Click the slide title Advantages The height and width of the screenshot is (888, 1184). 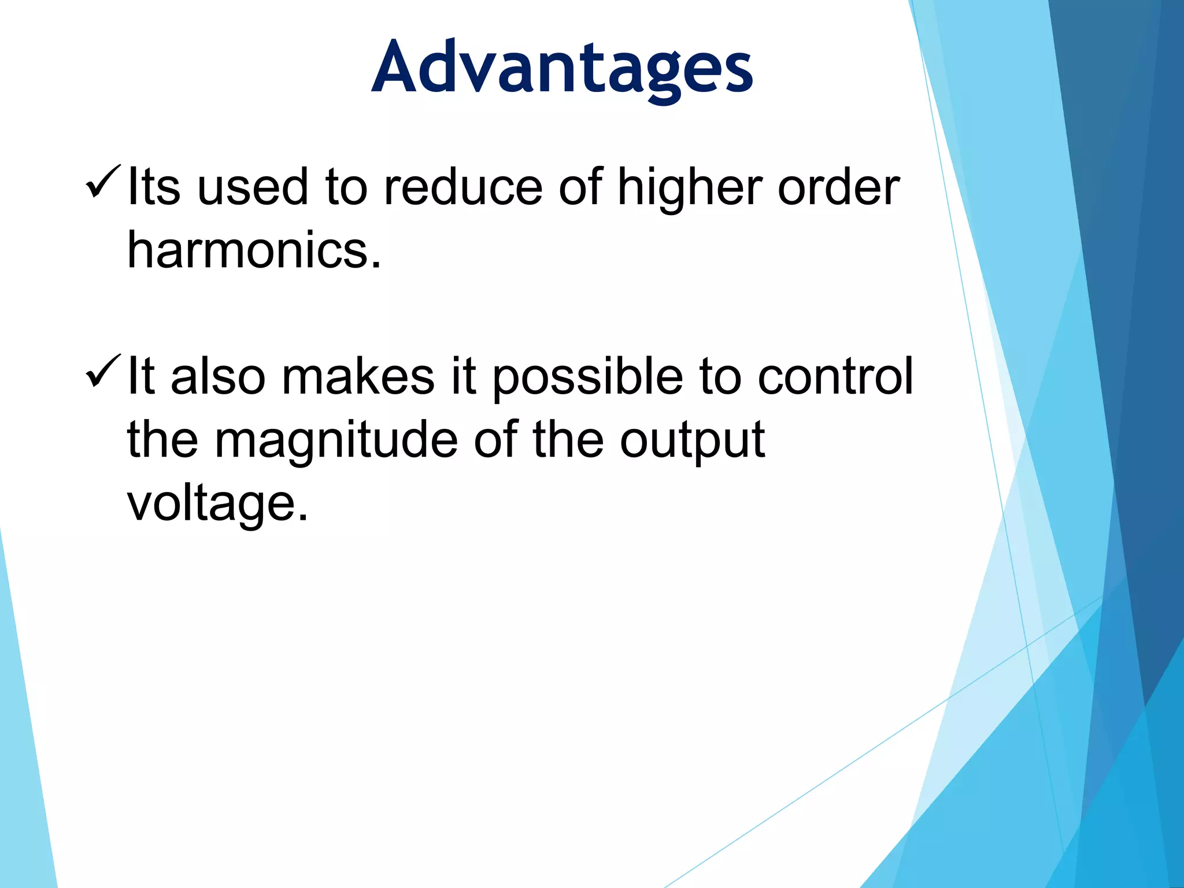pos(562,68)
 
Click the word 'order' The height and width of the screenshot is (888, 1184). pos(838,187)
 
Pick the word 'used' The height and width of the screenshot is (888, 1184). pos(253,187)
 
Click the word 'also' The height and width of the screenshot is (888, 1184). pos(218,376)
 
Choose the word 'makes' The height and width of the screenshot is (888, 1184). pos(358,376)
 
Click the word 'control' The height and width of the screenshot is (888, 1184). pos(835,376)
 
